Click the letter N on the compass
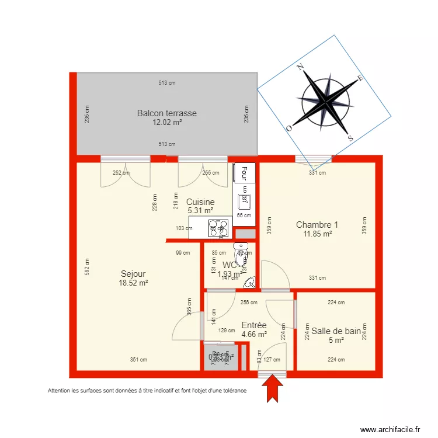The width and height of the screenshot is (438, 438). (300, 68)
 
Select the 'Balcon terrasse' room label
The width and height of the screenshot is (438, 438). (167, 113)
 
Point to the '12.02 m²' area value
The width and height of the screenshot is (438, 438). (167, 123)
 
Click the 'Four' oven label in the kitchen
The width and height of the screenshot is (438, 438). (245, 173)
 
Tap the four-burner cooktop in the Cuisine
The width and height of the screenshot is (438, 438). (219, 227)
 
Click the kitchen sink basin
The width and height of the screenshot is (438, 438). (244, 202)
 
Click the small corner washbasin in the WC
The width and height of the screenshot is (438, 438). (250, 282)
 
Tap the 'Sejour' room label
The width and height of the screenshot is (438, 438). (133, 273)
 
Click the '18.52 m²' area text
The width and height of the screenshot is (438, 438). (133, 283)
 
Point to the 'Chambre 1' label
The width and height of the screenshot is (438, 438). (317, 225)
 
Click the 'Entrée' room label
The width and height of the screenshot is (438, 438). (254, 325)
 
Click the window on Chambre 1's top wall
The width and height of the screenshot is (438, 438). (313, 159)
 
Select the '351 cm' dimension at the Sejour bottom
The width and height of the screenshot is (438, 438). (138, 360)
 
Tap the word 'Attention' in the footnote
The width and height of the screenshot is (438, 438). (60, 390)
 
